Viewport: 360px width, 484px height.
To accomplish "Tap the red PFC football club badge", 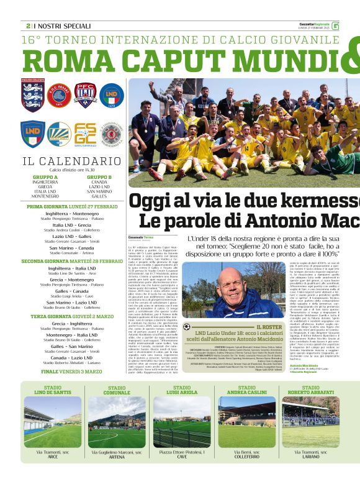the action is click(86, 95).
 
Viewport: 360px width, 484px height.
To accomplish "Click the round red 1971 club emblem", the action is click(60, 95).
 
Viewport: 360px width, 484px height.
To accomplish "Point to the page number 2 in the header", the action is click(28, 25).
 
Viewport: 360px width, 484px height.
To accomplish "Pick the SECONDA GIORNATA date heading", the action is click(72, 261).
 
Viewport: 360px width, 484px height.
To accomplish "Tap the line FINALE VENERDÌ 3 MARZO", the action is click(72, 372).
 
